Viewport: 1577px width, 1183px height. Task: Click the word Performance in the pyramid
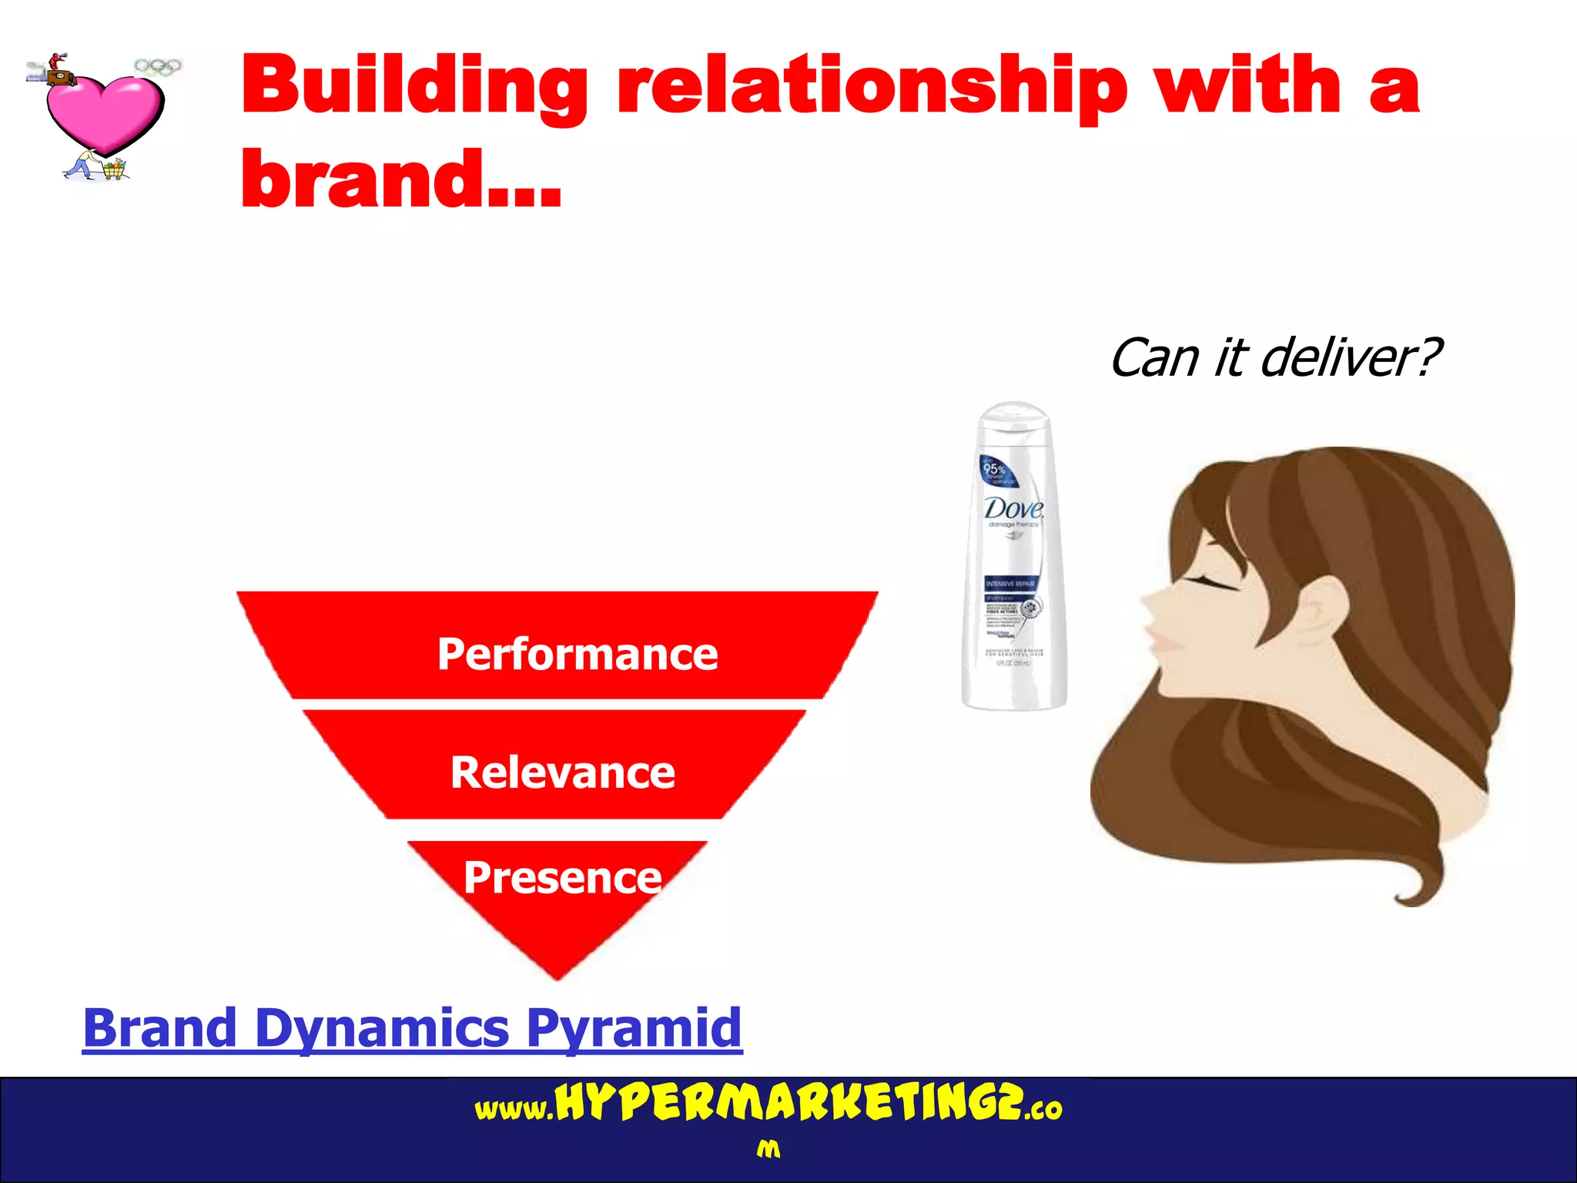(x=578, y=655)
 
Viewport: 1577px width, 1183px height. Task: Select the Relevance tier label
(x=563, y=772)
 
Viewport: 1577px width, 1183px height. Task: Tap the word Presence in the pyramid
(x=563, y=877)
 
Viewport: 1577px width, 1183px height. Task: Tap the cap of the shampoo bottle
(x=1013, y=420)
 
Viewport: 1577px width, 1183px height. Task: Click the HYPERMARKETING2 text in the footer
(x=788, y=1104)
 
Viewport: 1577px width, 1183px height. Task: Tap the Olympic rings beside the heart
(x=158, y=67)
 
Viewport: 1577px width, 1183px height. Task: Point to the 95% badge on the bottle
(x=995, y=469)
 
